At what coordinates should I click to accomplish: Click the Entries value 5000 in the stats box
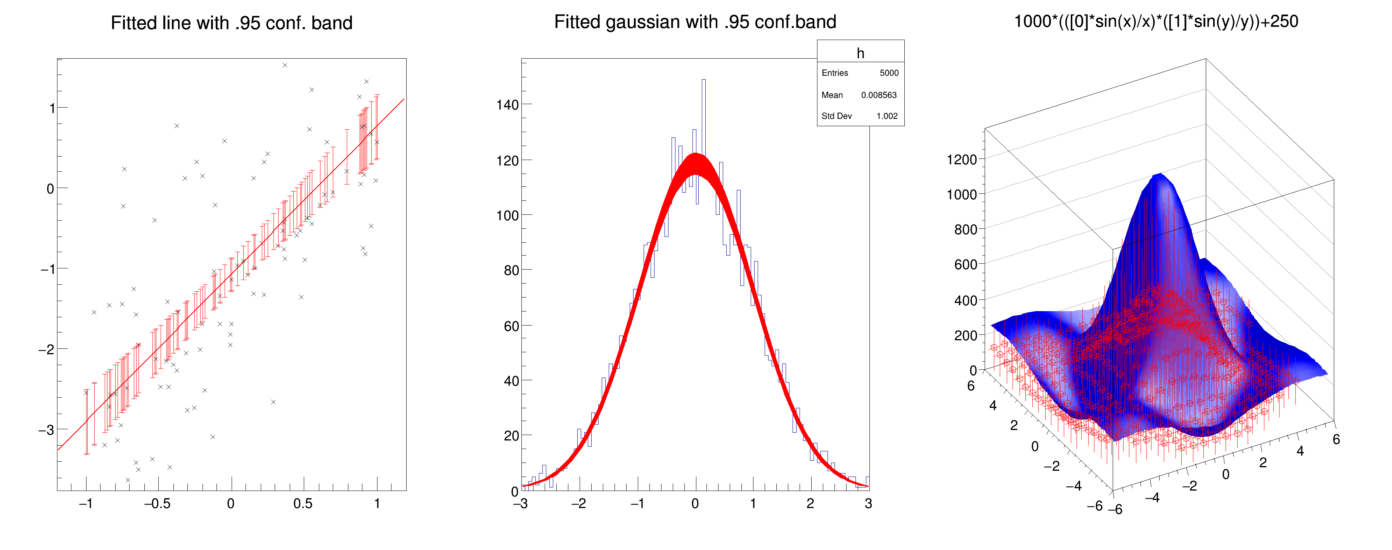[889, 73]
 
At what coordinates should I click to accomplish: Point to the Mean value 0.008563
[879, 95]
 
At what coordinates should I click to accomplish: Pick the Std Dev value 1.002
[887, 116]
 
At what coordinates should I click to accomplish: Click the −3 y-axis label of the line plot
[46, 430]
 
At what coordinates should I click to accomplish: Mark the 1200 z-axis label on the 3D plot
[961, 160]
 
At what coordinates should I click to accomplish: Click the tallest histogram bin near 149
[703, 81]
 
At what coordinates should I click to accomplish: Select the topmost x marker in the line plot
[285, 65]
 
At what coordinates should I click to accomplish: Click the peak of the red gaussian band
[696, 157]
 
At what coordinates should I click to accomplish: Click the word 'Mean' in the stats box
[832, 95]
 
